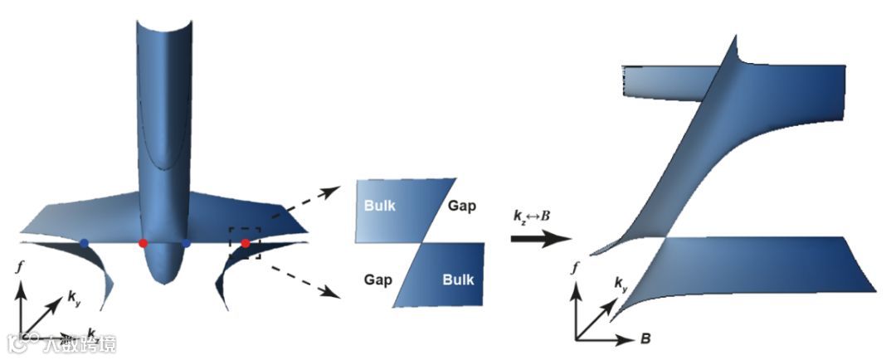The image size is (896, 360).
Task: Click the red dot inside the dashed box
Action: pos(246,243)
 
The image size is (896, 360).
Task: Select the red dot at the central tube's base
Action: pos(143,243)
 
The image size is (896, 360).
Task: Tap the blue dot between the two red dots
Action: pos(187,244)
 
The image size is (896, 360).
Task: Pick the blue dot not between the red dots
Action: pos(85,243)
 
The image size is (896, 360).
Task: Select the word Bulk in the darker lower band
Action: pos(458,280)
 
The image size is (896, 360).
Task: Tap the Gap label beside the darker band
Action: pos(377,280)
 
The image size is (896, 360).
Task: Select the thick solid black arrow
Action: pos(539,239)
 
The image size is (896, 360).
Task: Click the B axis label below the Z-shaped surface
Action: pos(644,339)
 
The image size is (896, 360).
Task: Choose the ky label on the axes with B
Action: pos(621,285)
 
